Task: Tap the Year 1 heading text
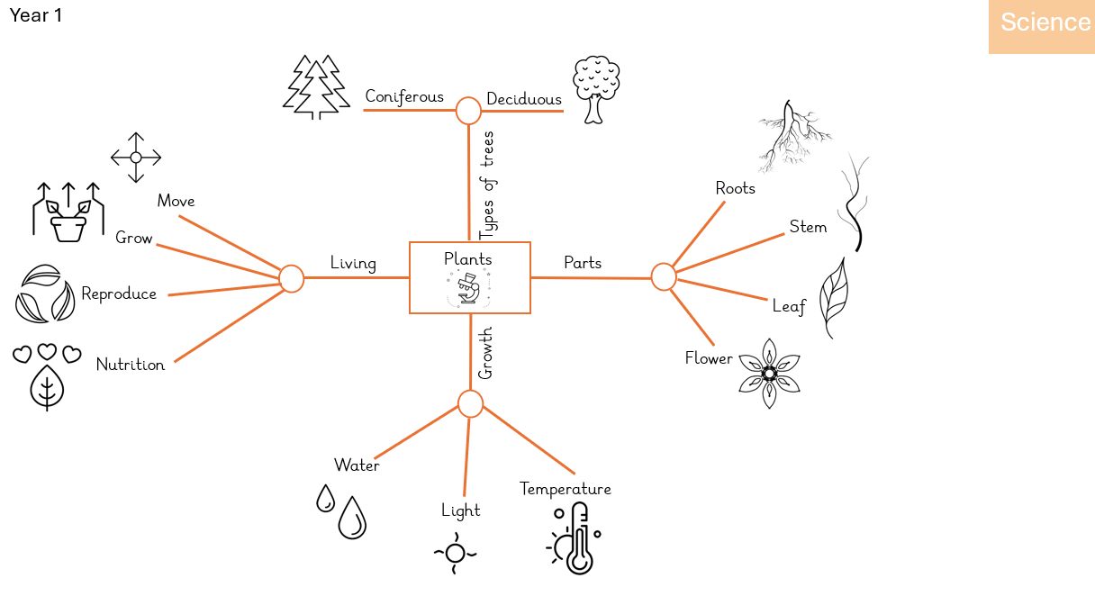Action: tap(36, 15)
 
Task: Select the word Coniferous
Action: tap(404, 96)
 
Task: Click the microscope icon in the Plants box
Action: tap(467, 290)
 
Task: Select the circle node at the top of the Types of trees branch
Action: tap(468, 111)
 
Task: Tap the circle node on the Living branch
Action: tap(291, 278)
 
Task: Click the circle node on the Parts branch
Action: tap(663, 277)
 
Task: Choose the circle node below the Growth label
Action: tap(470, 404)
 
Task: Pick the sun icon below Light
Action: tap(455, 553)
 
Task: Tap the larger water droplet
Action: tap(352, 519)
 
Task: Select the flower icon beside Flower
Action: tap(769, 373)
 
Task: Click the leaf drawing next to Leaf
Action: tap(834, 297)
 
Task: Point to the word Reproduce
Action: tap(119, 294)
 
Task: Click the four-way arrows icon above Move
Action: tap(136, 158)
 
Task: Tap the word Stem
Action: tap(808, 227)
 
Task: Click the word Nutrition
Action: tap(131, 365)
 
